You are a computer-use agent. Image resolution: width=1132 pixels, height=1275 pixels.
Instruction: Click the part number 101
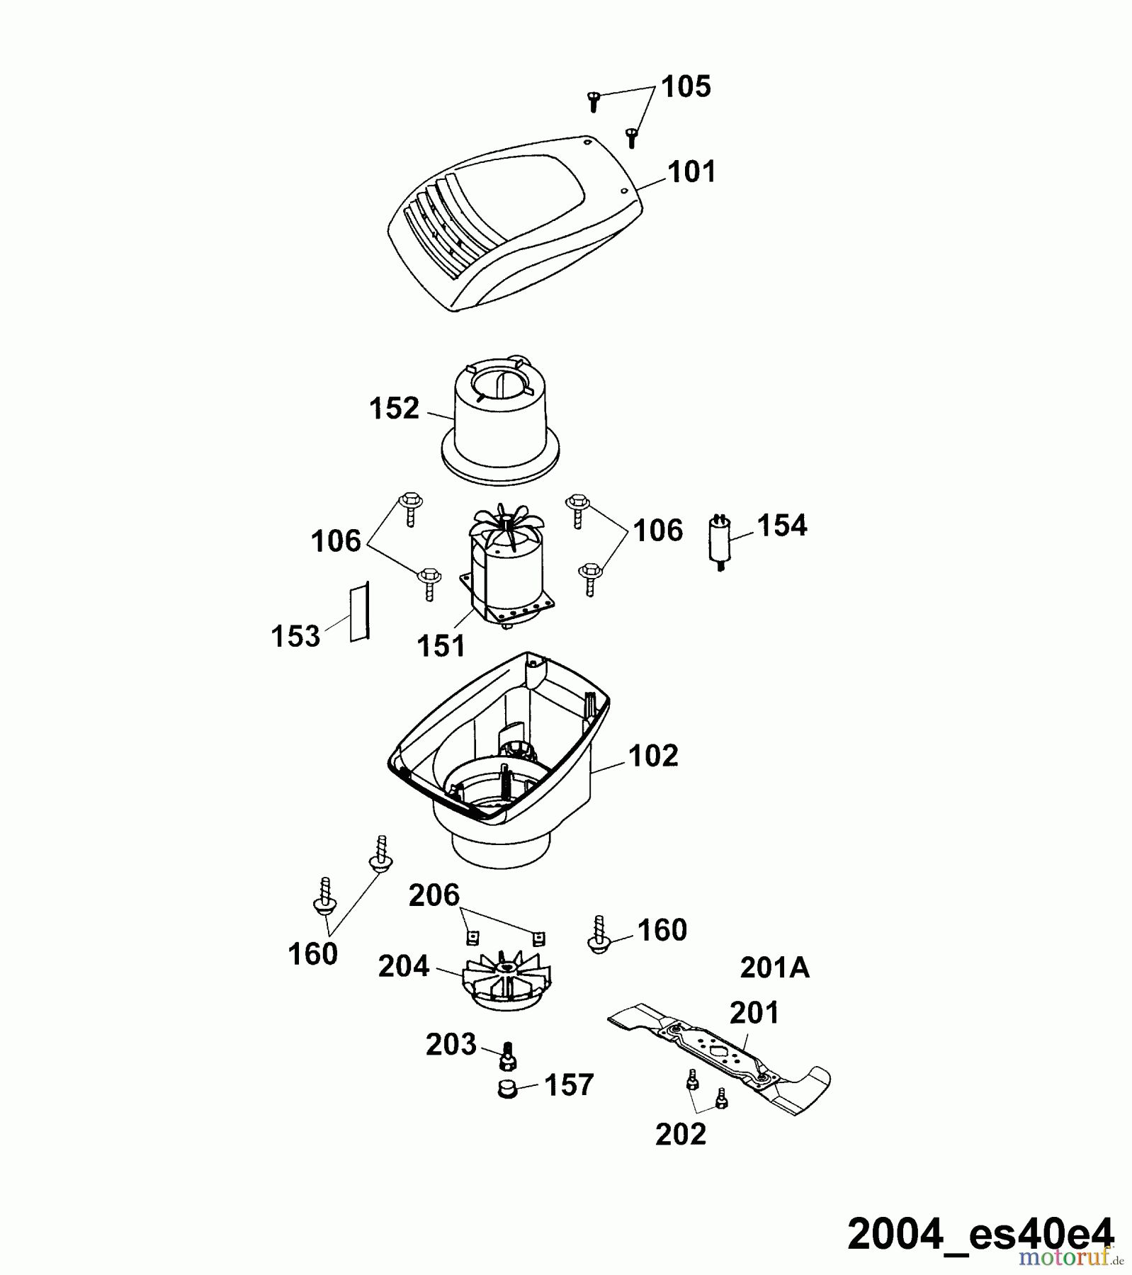(692, 172)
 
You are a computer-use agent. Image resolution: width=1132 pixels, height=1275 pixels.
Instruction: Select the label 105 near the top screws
(686, 86)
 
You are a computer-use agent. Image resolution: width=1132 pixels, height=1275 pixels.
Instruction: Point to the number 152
(395, 409)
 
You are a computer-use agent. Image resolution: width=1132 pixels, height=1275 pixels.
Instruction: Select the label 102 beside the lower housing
(653, 756)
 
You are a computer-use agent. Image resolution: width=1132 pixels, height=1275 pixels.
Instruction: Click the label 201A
(774, 968)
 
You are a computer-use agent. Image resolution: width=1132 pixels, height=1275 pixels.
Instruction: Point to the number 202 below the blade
(681, 1134)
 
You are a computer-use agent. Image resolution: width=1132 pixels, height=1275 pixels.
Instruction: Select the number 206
(434, 895)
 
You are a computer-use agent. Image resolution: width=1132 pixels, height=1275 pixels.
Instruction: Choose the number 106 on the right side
(658, 531)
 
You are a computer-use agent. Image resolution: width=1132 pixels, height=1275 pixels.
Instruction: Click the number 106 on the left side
(336, 541)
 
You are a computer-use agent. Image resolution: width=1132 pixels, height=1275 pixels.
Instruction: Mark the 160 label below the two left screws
(312, 954)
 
